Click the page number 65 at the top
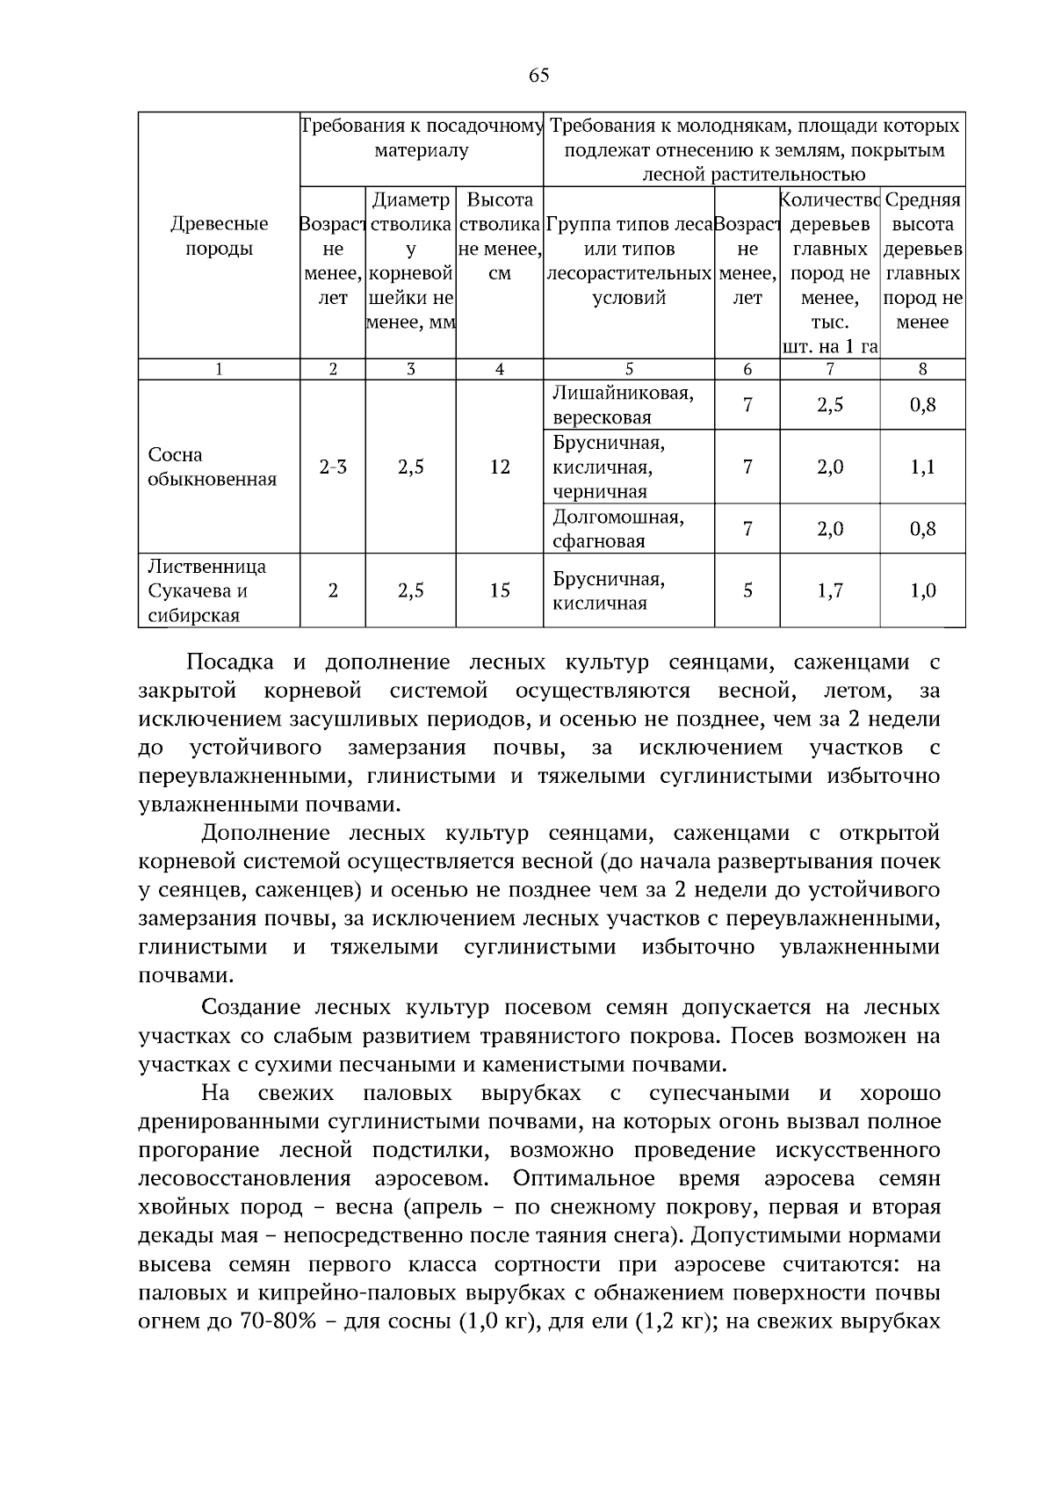(538, 76)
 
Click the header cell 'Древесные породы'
(219, 236)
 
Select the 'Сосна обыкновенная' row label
(212, 467)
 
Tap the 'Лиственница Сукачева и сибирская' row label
(207, 590)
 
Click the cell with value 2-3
(332, 467)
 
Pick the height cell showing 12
(499, 467)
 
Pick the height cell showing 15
(499, 590)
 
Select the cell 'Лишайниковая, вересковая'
(623, 404)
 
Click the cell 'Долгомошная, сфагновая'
(617, 528)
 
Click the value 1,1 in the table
(922, 467)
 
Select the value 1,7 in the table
(829, 590)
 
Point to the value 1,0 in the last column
(922, 590)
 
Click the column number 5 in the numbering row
(629, 370)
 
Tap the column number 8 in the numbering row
(922, 370)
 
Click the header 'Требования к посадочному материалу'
(422, 138)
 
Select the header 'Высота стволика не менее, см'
(499, 236)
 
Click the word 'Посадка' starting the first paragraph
(230, 662)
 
